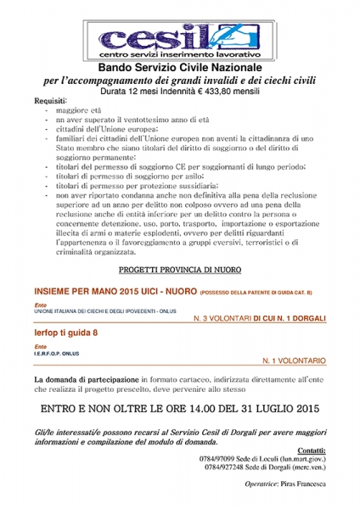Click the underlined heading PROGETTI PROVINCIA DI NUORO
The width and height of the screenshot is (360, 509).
180,269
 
